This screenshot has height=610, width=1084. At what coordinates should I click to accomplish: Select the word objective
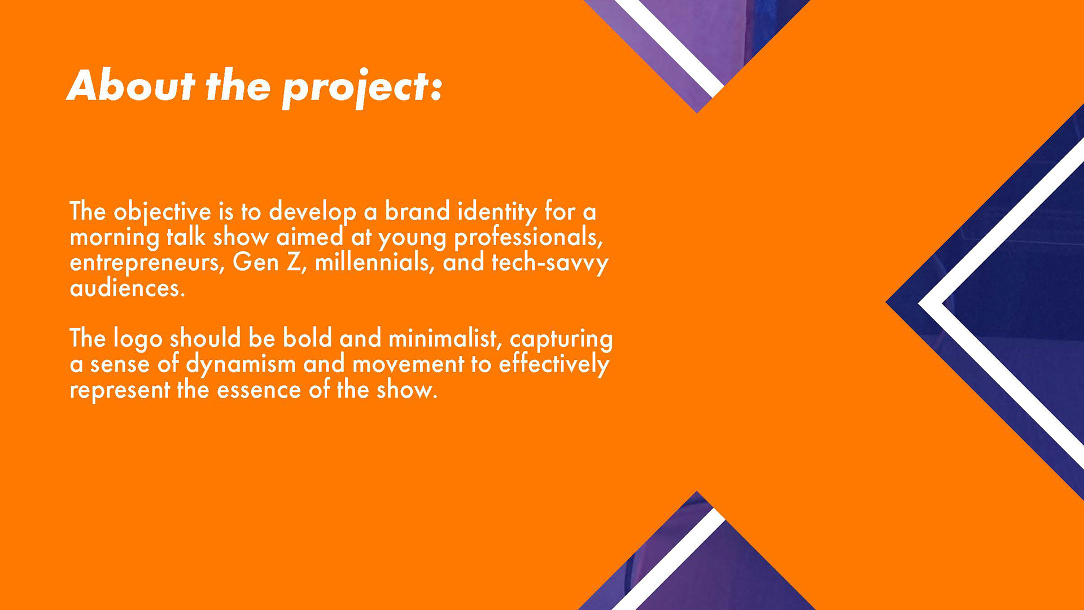[163, 213]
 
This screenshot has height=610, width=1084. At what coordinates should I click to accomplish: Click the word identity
[497, 212]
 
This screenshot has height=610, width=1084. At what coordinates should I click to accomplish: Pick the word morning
[115, 238]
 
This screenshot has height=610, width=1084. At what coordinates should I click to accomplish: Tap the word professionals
[528, 238]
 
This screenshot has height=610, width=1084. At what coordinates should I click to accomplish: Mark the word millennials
[374, 263]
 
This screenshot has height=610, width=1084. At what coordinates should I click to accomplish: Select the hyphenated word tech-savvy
[550, 263]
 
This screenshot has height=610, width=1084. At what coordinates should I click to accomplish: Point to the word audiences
[127, 288]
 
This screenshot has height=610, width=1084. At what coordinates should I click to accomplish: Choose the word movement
[408, 365]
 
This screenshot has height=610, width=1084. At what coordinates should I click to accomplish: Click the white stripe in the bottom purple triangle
[669, 559]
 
